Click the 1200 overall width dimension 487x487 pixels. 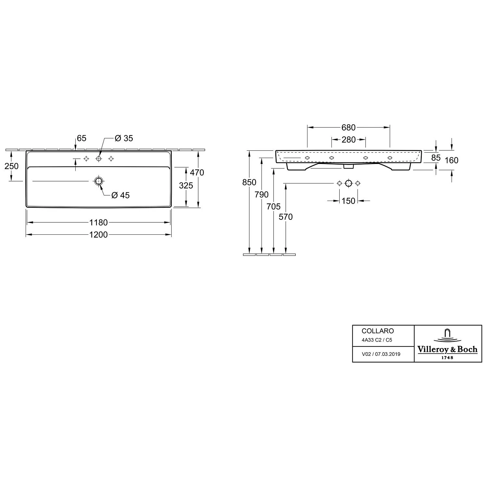point(98,234)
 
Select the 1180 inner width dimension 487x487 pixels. point(98,222)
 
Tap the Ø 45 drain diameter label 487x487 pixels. point(120,195)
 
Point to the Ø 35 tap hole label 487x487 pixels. point(124,138)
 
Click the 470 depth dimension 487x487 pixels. point(197,172)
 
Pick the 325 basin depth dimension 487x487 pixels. point(186,185)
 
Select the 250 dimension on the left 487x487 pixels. point(11,166)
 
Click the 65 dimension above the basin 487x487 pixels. point(81,138)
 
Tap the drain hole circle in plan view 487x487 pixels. point(98,181)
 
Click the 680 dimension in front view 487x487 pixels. point(348,128)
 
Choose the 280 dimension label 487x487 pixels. point(348,140)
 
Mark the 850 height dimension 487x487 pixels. point(249,182)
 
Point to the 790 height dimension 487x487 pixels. point(262,194)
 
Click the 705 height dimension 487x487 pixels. point(273,206)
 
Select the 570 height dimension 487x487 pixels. point(286,217)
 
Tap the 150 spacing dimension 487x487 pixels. point(348,201)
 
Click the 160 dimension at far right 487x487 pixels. point(452,160)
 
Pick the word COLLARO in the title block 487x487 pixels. point(378,331)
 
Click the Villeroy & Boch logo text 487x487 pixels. point(447,349)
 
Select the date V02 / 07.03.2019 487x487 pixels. point(381,354)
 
